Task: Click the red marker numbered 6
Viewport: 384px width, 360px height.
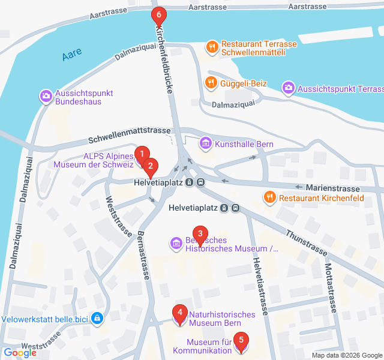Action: pos(158,14)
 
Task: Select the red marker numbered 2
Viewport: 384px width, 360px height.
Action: pos(151,166)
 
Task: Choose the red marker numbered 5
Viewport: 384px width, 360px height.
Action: pos(241,341)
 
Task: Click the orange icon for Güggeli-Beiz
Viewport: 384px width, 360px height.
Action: pos(210,83)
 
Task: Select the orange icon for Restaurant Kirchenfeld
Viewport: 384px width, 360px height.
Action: pos(270,196)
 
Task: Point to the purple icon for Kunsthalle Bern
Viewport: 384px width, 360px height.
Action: pos(206,143)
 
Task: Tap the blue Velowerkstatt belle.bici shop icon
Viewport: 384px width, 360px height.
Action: pos(97,318)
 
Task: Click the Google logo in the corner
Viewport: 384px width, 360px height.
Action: pos(20,353)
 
